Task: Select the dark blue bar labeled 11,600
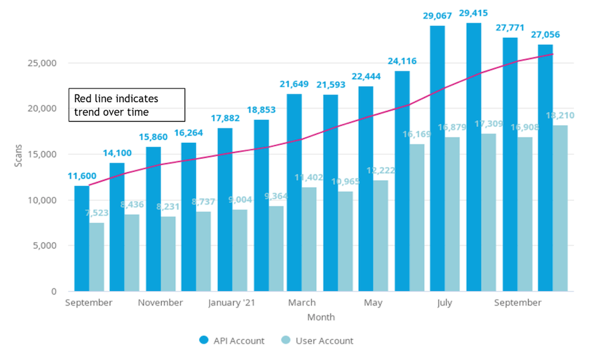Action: pyautogui.click(x=81, y=238)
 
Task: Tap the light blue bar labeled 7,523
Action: pyautogui.click(x=97, y=257)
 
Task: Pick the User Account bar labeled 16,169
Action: pyautogui.click(x=418, y=218)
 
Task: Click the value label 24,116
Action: pyautogui.click(x=403, y=60)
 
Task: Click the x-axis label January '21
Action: pyautogui.click(x=232, y=303)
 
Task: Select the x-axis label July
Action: pyautogui.click(x=445, y=303)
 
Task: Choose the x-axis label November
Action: pyautogui.click(x=160, y=303)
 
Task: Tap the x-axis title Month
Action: pyautogui.click(x=320, y=317)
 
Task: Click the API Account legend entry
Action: pyautogui.click(x=232, y=341)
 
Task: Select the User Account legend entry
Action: pyautogui.click(x=317, y=341)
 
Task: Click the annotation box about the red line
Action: pyautogui.click(x=127, y=105)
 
